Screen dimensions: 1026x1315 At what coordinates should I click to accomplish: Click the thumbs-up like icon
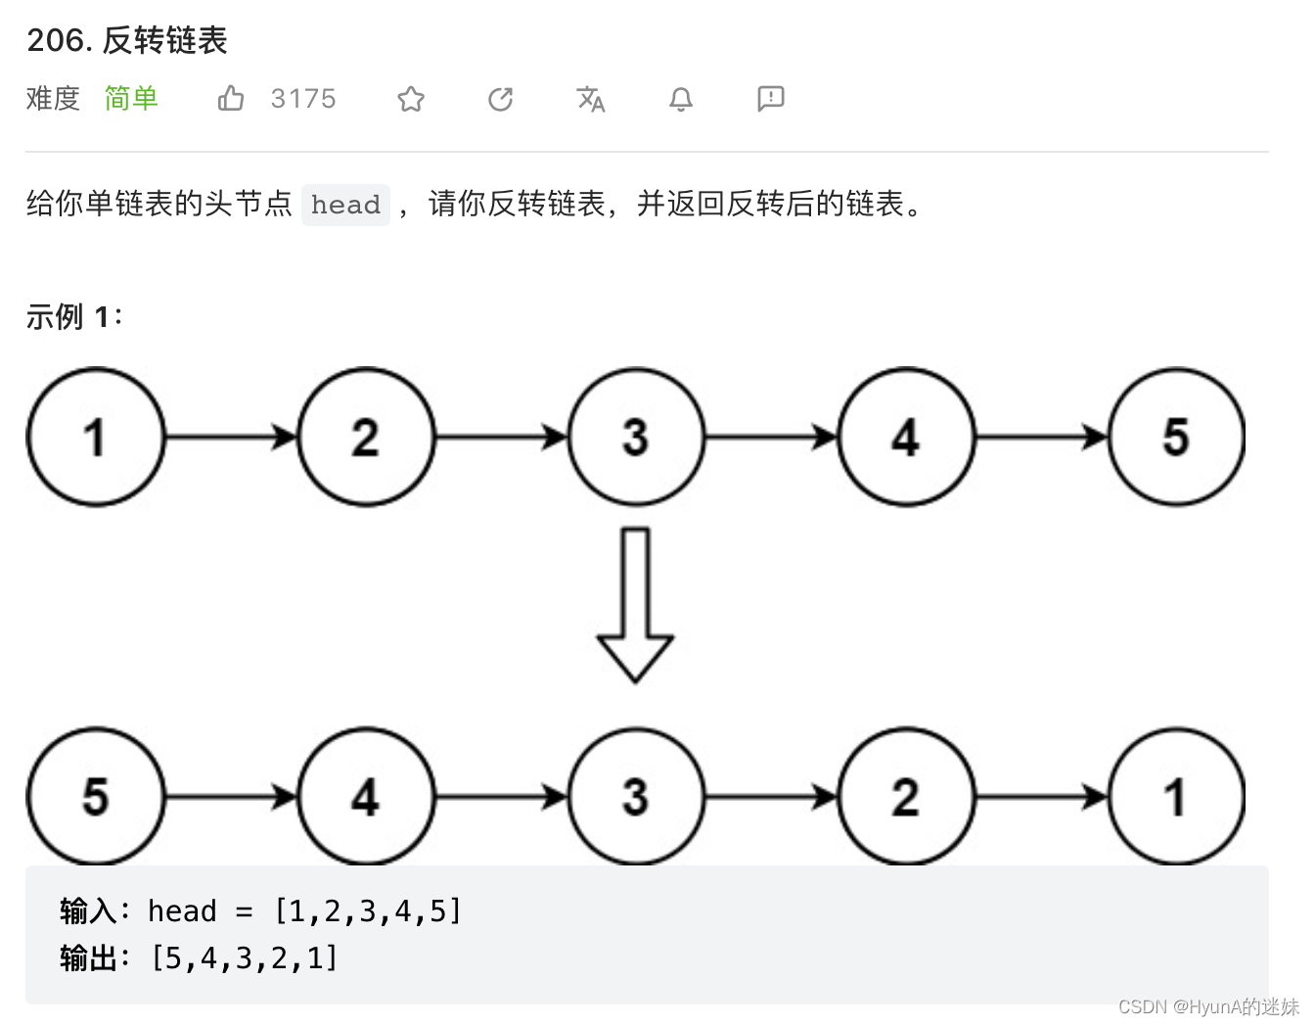point(231,98)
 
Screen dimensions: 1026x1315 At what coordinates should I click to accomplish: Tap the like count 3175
point(303,99)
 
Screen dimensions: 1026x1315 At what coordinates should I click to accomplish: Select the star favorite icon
point(411,99)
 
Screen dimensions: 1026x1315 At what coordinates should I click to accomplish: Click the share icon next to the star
point(501,99)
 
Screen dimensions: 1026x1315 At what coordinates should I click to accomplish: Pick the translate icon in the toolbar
point(591,99)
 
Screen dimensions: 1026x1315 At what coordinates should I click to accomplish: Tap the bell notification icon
point(681,99)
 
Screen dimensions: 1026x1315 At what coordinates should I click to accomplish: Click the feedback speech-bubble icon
point(771,98)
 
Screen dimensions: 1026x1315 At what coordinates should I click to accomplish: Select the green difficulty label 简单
point(131,99)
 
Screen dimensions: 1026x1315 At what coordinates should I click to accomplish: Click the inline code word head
point(345,205)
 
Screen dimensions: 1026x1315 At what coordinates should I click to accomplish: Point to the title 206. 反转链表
point(127,40)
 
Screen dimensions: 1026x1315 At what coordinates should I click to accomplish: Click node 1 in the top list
point(95,437)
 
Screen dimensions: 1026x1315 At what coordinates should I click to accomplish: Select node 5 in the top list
point(1176,437)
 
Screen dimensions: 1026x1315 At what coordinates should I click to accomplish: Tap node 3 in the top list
point(636,437)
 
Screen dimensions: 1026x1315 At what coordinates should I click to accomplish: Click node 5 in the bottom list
point(95,797)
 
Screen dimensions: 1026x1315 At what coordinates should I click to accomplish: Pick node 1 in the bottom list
point(1176,797)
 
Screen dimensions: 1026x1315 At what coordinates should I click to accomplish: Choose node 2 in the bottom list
point(906,797)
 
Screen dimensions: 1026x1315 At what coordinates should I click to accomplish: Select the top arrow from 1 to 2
point(231,437)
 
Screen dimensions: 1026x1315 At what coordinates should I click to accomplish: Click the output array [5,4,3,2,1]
point(245,958)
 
